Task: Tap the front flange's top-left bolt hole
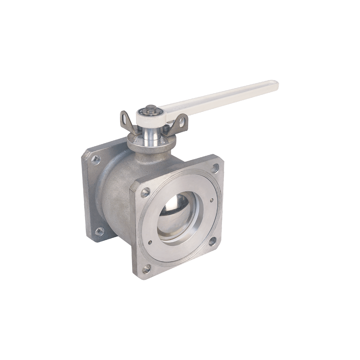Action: [146, 190]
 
